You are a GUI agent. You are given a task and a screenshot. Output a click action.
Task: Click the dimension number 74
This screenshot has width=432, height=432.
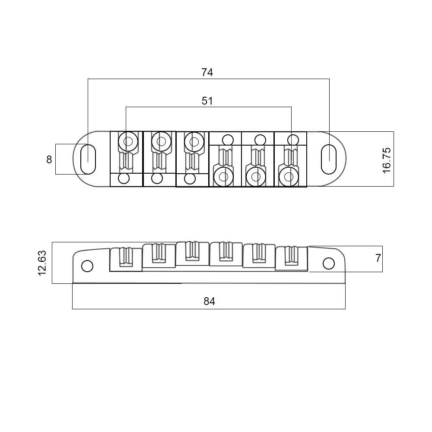pos(207,73)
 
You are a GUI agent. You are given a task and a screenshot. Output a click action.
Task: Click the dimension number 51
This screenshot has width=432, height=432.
pos(207,101)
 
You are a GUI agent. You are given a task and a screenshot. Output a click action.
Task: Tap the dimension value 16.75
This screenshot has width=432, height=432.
pos(387,160)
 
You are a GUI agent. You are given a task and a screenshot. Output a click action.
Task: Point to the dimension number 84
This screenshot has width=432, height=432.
pos(209,301)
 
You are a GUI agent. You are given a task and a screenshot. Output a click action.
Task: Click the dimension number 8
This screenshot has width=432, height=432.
pos(49,159)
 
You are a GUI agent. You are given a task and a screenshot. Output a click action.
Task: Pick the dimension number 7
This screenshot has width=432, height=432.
pos(378,258)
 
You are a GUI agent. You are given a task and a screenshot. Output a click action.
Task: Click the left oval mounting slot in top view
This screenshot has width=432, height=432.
pos(88,159)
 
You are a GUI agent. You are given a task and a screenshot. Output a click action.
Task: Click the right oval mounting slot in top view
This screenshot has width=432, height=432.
pos(329,159)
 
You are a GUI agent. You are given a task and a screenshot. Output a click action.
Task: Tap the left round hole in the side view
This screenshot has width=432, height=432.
pos(87,266)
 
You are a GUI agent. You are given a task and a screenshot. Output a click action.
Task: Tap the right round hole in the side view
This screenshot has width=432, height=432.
pos(329,263)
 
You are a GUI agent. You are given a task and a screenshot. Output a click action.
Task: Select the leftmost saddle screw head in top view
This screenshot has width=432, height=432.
pos(127,141)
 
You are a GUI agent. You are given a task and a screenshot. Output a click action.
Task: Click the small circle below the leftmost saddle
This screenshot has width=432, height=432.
pos(124,178)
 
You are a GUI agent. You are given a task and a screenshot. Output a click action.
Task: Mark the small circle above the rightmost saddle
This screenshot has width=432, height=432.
pos(293,140)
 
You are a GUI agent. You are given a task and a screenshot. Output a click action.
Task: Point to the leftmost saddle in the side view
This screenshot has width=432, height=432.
pos(126,258)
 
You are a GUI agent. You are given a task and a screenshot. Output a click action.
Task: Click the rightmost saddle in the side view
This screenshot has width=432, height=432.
pos(291,258)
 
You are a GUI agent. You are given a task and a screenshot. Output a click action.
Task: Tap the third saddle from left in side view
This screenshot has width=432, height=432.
pos(192,253)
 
